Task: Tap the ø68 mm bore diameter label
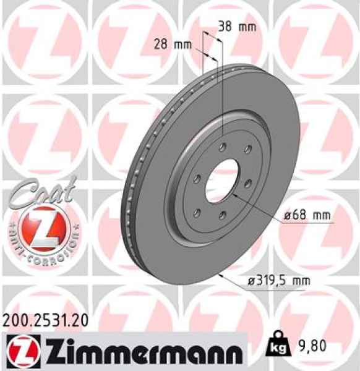click(308, 216)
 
